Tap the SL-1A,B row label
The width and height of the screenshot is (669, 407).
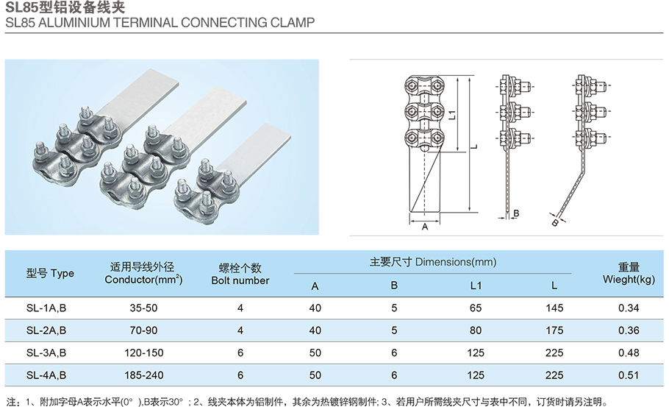(46, 307)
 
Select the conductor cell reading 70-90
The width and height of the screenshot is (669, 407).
(143, 330)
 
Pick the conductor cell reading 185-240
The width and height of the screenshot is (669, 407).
(143, 375)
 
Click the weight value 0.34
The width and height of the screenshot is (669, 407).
(628, 307)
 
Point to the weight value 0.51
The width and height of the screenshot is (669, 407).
(628, 375)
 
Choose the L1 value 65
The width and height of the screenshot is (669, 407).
(475, 307)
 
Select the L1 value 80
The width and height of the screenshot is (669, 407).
(475, 330)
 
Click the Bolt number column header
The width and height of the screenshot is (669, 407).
(240, 275)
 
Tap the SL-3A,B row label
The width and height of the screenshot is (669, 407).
(46, 353)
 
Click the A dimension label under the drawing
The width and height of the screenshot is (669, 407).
(425, 228)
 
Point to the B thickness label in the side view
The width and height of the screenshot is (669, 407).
(517, 213)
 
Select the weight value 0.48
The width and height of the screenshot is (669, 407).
(628, 353)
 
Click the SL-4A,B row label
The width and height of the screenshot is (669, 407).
(46, 375)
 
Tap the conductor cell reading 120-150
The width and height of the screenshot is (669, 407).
(143, 353)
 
